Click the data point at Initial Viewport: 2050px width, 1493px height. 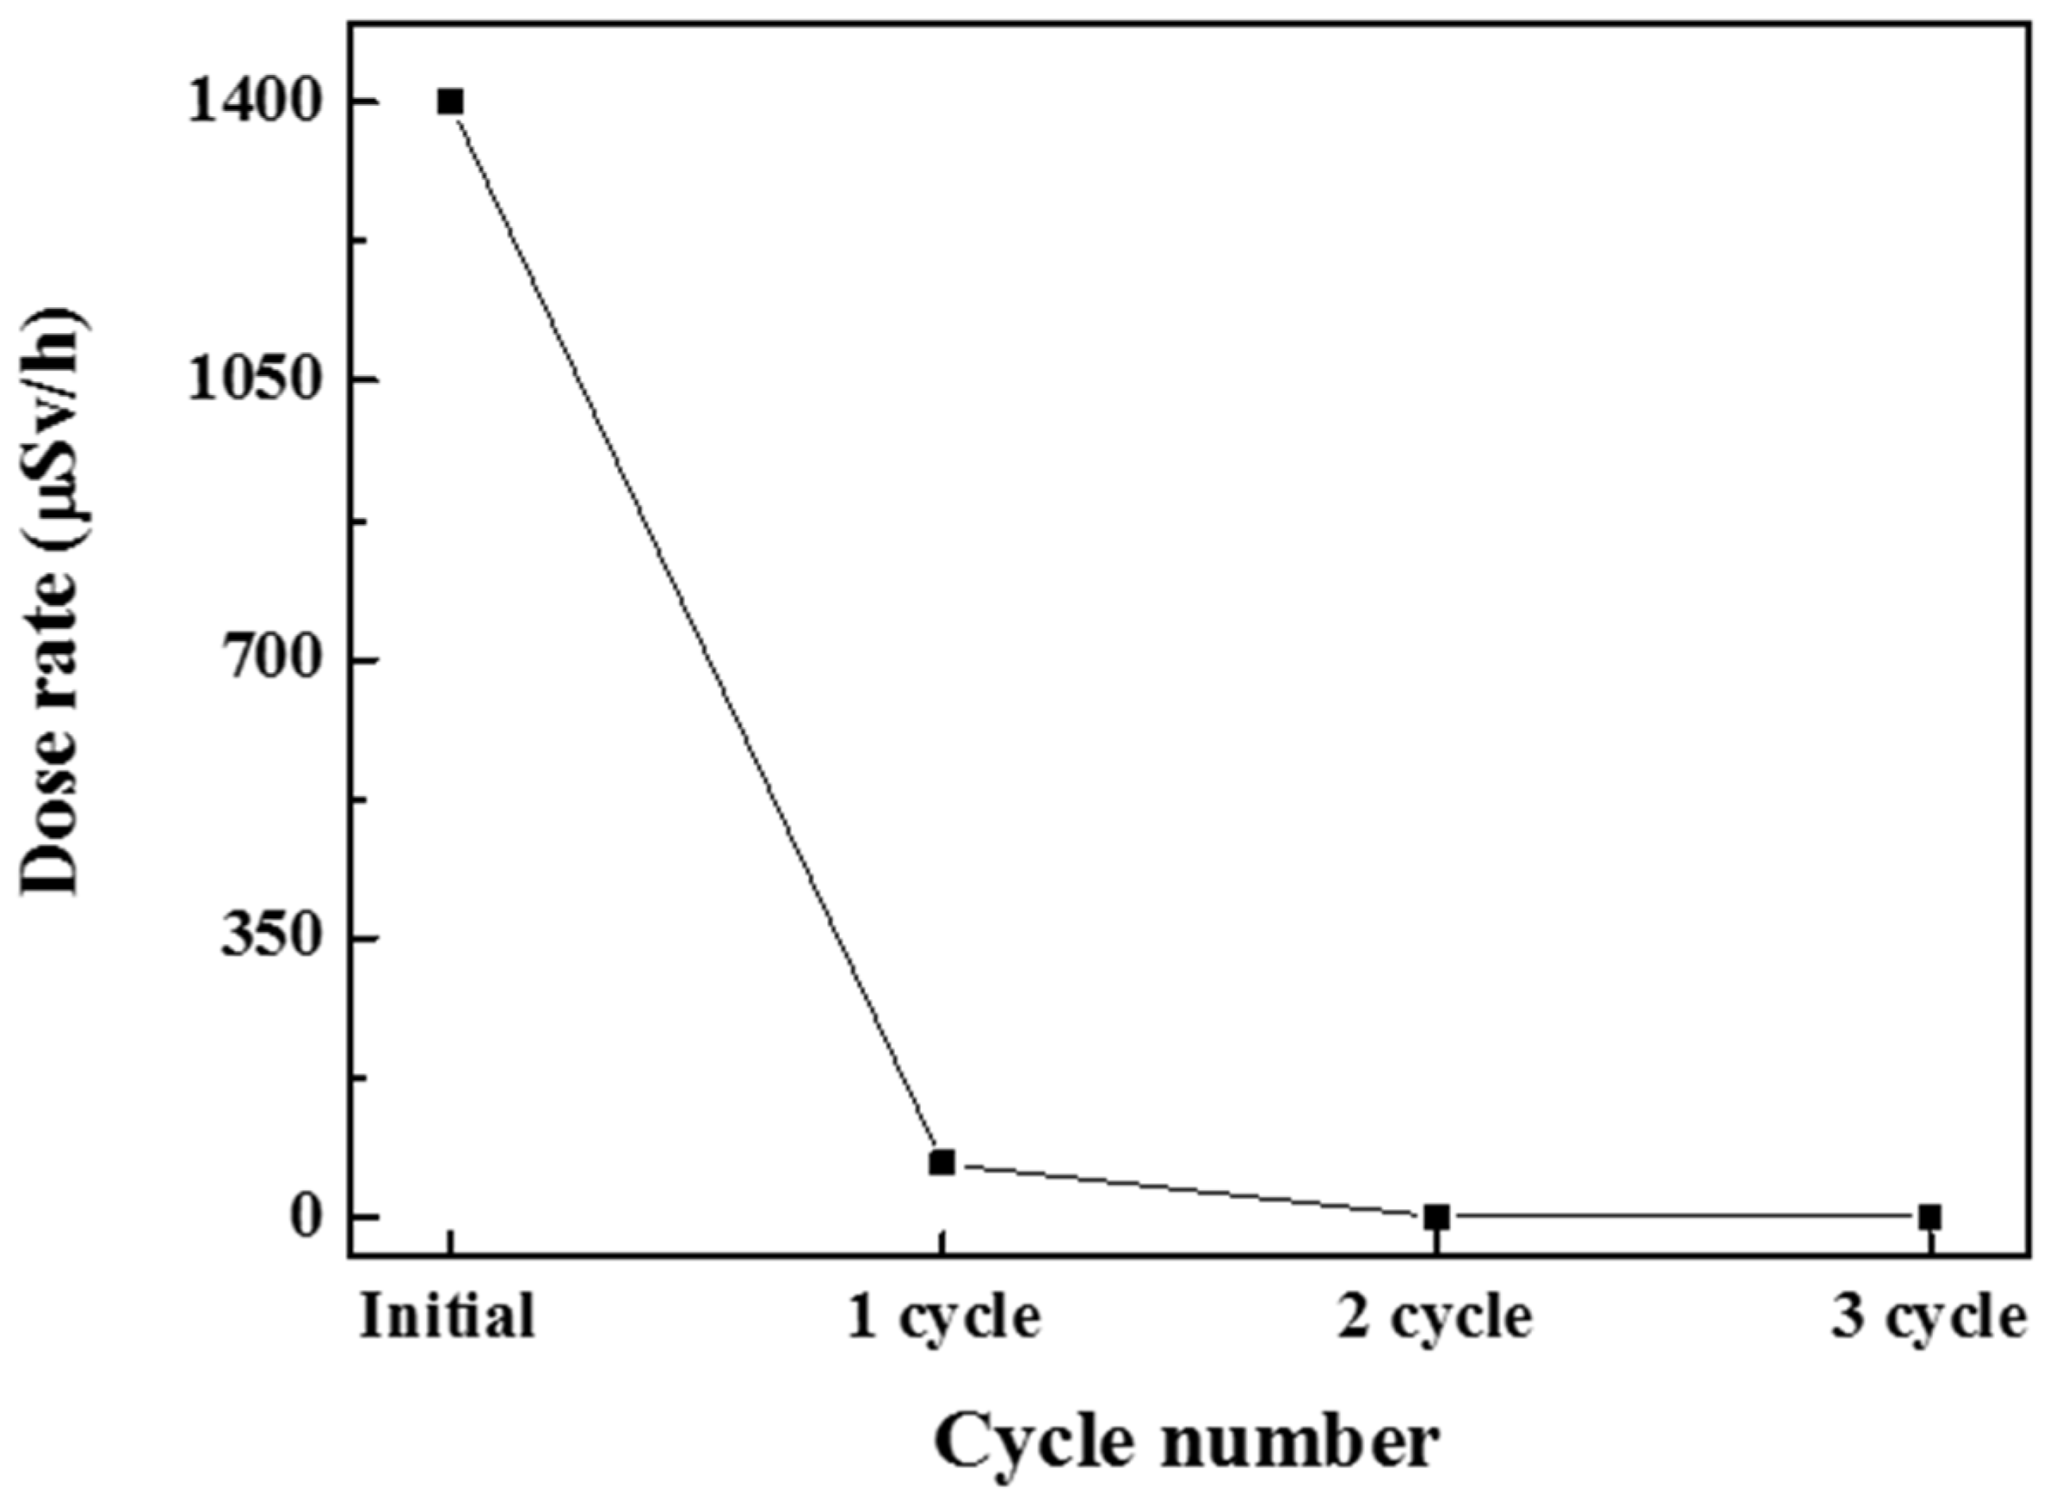point(450,102)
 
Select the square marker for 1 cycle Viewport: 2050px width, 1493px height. point(942,1163)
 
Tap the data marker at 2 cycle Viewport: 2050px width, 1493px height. point(1437,1218)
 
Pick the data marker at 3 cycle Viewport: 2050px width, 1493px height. point(1929,1218)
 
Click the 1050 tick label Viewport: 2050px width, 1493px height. point(256,380)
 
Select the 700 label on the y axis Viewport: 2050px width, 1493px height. point(271,660)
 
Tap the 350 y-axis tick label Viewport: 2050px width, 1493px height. point(271,938)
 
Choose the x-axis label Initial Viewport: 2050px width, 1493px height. point(448,1317)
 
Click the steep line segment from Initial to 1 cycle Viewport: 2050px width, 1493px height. point(696,632)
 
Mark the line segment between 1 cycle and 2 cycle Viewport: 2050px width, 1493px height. point(1189,1190)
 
